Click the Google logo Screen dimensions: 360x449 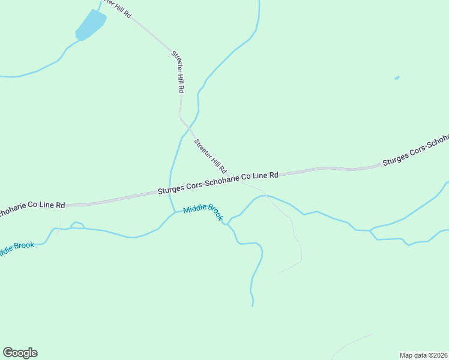pos(20,353)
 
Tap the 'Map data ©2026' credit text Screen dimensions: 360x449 pos(424,355)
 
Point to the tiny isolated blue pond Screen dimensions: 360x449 pos(397,78)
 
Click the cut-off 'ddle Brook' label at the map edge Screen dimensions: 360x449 pos(17,248)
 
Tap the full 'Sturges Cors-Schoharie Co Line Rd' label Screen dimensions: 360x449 pos(218,182)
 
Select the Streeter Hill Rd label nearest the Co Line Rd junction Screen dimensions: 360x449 pos(210,155)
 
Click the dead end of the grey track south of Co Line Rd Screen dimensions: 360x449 pos(279,272)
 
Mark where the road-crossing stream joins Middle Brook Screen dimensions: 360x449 pos(175,212)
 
